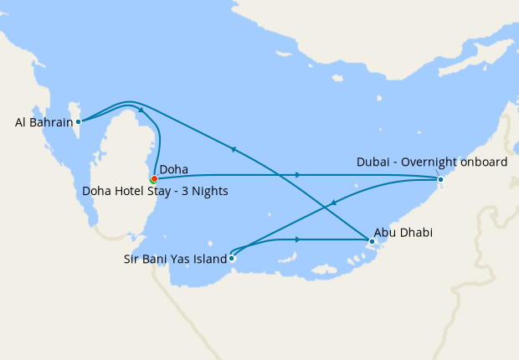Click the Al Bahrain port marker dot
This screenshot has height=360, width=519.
pos(78,121)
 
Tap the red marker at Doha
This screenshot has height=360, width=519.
pos(154,178)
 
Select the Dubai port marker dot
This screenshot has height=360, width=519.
pos(440,178)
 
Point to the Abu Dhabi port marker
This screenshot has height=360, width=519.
pos(371,241)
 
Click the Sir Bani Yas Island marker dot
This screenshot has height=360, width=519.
pos(232,259)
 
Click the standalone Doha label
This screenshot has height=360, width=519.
pos(173,169)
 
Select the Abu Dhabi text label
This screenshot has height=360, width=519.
pos(403,233)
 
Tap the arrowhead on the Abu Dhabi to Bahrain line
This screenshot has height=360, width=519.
pos(234,150)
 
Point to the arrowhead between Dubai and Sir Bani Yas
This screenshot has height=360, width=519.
pos(335,202)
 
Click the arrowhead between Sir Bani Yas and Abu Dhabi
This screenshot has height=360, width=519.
pos(298,239)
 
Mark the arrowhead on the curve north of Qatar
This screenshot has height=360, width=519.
pos(141,109)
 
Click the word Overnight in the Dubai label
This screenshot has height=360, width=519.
pos(429,162)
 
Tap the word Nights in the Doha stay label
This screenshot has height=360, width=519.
pos(209,191)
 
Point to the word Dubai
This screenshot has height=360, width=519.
pos(373,162)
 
